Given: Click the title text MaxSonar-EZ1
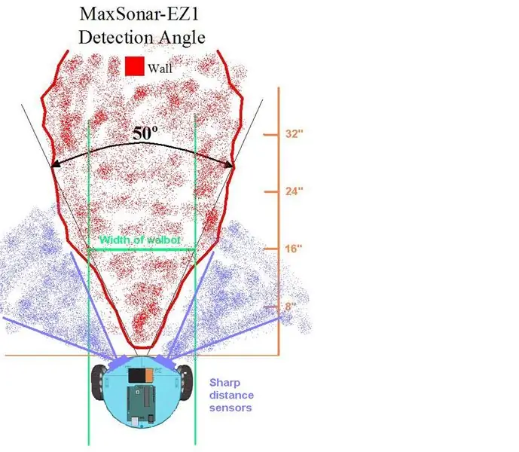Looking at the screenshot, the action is pos(139,14).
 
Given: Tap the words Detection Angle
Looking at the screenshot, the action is pos(142,37).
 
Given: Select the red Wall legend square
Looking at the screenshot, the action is pos(135,66).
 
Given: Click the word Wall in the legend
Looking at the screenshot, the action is pos(160,69).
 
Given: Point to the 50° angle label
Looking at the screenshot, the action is pos(145,133).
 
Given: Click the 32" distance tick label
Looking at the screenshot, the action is pos(295,134).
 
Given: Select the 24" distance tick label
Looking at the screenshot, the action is pos(295,191).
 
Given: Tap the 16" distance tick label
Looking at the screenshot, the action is pos(294,249).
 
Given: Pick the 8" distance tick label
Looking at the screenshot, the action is pos(290,307).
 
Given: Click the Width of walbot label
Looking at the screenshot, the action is pos(139,240).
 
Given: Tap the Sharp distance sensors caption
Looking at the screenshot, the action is pos(231,395).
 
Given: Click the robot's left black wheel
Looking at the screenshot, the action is pos(99,382).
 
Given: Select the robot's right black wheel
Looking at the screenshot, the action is pos(186,382).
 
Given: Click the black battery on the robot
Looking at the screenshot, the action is pos(136,375).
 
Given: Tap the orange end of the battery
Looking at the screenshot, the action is pos(149,375).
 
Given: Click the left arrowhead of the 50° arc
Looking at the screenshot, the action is pos(55,164).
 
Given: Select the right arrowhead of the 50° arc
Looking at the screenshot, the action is pos(230,164).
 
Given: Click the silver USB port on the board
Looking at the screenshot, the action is pos(135,421).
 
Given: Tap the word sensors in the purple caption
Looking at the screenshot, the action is pos(230,408).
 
